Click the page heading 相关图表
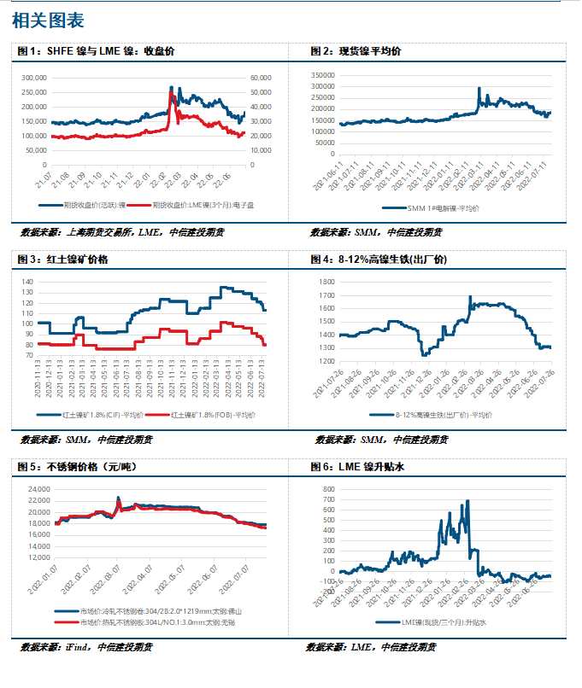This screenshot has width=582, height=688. point(49,20)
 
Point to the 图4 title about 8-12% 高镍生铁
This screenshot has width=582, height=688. point(379,259)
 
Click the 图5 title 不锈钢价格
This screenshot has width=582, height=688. point(78,466)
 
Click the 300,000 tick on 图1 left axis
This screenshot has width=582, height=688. point(57,77)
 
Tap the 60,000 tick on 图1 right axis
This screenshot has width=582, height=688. point(261,77)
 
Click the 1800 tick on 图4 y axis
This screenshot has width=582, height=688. point(325,281)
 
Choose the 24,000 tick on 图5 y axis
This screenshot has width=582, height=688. point(37,489)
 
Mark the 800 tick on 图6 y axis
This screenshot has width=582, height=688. point(326,489)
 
